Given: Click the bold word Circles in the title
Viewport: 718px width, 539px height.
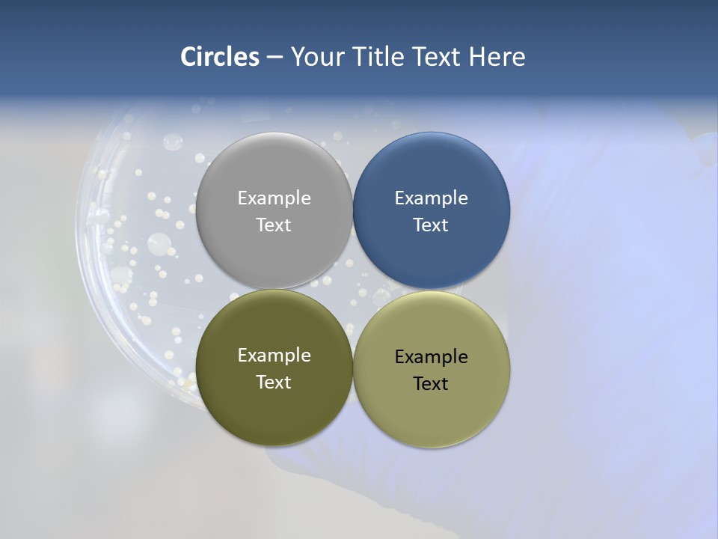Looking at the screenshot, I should point(219,57).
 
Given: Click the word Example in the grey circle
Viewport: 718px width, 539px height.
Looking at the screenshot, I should point(274,198).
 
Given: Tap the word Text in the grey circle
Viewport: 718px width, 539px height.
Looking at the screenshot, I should point(274,225).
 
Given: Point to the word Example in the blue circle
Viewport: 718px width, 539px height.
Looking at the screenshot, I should point(432,198).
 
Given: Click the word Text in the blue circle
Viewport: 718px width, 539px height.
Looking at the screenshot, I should point(432,225).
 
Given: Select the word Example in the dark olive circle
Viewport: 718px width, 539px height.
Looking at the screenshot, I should point(274,356).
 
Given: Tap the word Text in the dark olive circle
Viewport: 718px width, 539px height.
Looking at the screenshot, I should point(274,383).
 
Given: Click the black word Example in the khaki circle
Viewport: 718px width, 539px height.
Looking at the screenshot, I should point(432,357).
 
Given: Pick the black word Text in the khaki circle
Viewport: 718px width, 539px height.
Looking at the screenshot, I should point(432,384).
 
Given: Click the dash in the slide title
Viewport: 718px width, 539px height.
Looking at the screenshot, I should point(274,58).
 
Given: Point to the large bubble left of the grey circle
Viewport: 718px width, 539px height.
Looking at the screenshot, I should point(159,243).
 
